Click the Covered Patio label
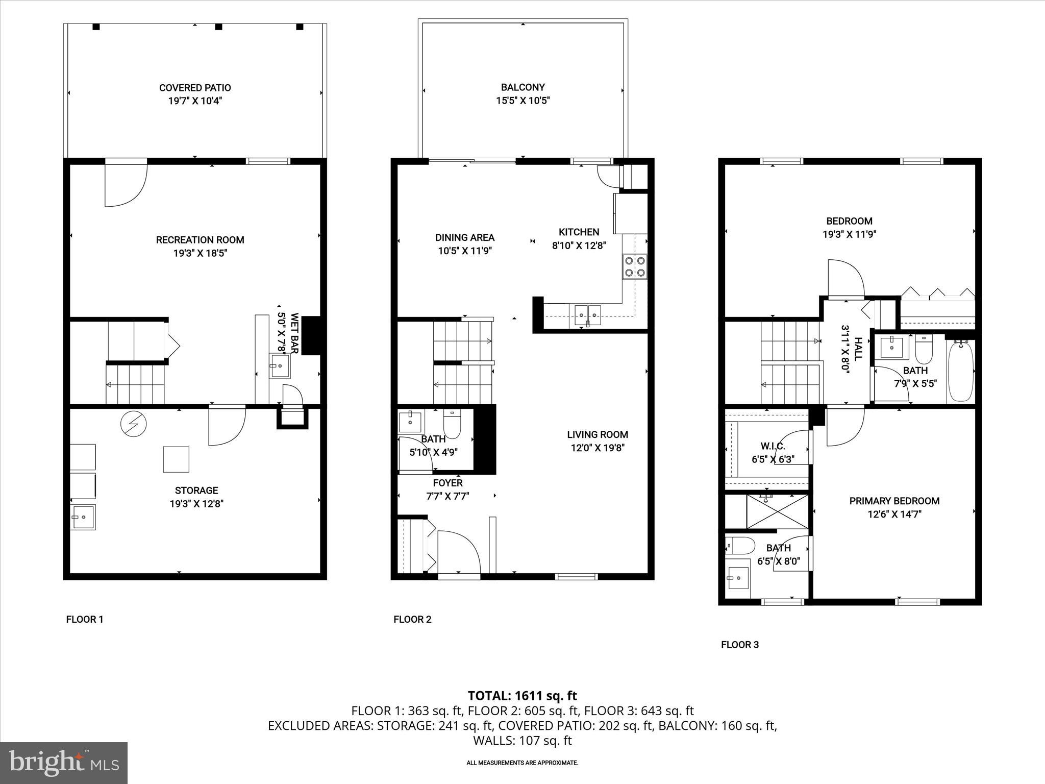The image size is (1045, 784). [195, 88]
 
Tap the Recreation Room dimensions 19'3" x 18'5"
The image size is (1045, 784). [200, 253]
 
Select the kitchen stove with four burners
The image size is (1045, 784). [634, 266]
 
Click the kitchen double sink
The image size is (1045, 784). [588, 314]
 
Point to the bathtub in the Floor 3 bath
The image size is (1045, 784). [960, 371]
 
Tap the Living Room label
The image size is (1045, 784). [598, 434]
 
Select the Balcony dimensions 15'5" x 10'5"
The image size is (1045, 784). [522, 101]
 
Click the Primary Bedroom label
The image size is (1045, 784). [894, 501]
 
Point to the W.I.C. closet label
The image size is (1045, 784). [772, 446]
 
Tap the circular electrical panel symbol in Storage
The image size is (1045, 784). [134, 423]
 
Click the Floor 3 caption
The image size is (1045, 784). [739, 645]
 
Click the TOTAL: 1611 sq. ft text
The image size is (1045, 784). [522, 696]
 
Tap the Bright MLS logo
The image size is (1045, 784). [64, 763]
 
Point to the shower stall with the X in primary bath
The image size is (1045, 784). [777, 511]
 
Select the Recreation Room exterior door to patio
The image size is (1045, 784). [126, 184]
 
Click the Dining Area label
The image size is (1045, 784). [464, 237]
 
